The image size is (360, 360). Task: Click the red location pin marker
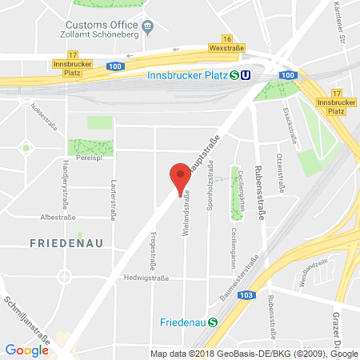(x=180, y=178)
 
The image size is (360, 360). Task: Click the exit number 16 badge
(x=228, y=39)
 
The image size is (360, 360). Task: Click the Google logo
(x=26, y=350)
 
